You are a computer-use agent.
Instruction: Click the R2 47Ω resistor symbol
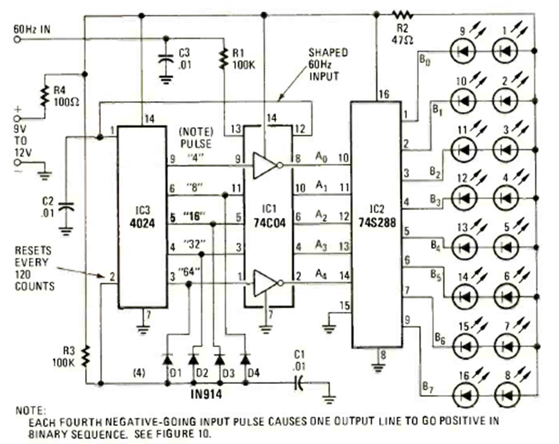401,13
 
